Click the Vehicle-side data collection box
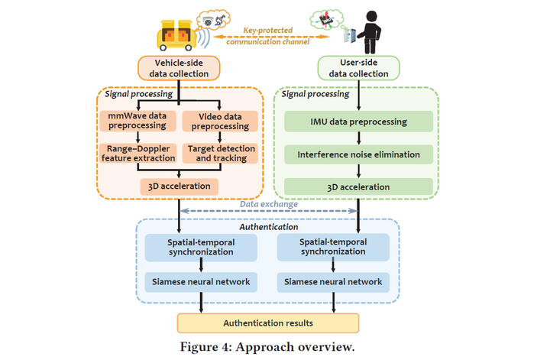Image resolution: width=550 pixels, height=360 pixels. coord(178,67)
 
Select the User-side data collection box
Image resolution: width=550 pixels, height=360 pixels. coord(358,67)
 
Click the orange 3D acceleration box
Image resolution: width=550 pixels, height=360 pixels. coord(179,186)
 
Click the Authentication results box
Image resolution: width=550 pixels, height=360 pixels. coord(267,323)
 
